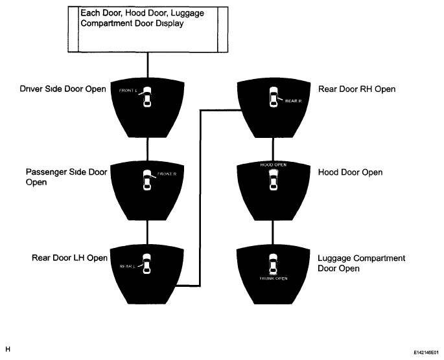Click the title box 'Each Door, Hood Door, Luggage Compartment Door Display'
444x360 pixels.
(148, 29)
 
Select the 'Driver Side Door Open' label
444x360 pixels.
(63, 89)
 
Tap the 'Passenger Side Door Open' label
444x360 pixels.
(66, 177)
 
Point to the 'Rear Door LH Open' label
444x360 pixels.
(69, 258)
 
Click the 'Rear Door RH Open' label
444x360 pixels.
(356, 89)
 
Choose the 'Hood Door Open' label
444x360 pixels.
(350, 172)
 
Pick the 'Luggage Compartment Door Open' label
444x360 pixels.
(361, 264)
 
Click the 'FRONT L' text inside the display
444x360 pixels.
(128, 91)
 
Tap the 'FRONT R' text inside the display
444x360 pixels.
(167, 174)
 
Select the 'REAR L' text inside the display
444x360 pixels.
(128, 266)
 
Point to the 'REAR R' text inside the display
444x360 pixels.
(294, 101)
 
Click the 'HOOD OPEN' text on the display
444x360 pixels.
(274, 164)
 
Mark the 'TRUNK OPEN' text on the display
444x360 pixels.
(274, 278)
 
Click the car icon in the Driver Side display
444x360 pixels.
(146, 96)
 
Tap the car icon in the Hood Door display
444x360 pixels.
(274, 179)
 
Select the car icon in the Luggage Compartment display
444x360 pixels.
(273, 264)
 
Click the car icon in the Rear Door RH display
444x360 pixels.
(274, 96)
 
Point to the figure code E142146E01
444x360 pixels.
(426, 353)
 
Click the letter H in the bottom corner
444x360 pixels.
(8, 349)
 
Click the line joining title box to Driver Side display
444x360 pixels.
(148, 65)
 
